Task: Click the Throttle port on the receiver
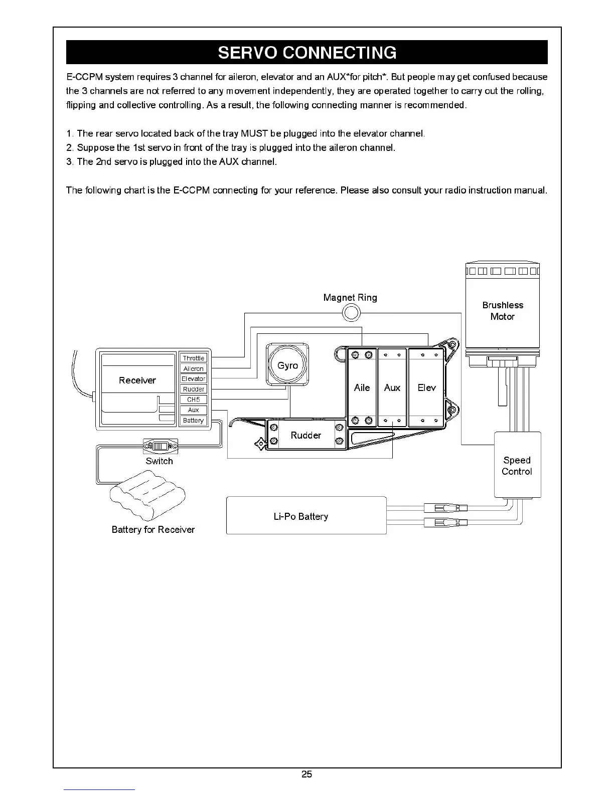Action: pos(194,358)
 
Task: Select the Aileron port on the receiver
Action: pos(194,368)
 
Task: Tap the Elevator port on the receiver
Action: pos(194,378)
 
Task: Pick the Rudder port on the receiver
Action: pos(194,389)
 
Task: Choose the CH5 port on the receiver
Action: pos(194,400)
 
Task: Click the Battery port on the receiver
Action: pos(194,421)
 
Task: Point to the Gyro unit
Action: pos(287,365)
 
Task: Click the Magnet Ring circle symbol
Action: pos(351,313)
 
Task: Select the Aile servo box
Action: pos(362,387)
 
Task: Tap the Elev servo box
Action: pos(426,387)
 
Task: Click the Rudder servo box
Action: pos(305,435)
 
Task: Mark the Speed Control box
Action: pos(517,465)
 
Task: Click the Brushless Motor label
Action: pos(503,311)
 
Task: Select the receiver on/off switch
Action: pos(161,446)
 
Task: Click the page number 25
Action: pos(306,774)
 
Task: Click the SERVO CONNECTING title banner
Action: pos(306,53)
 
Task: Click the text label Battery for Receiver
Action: pos(153,529)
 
